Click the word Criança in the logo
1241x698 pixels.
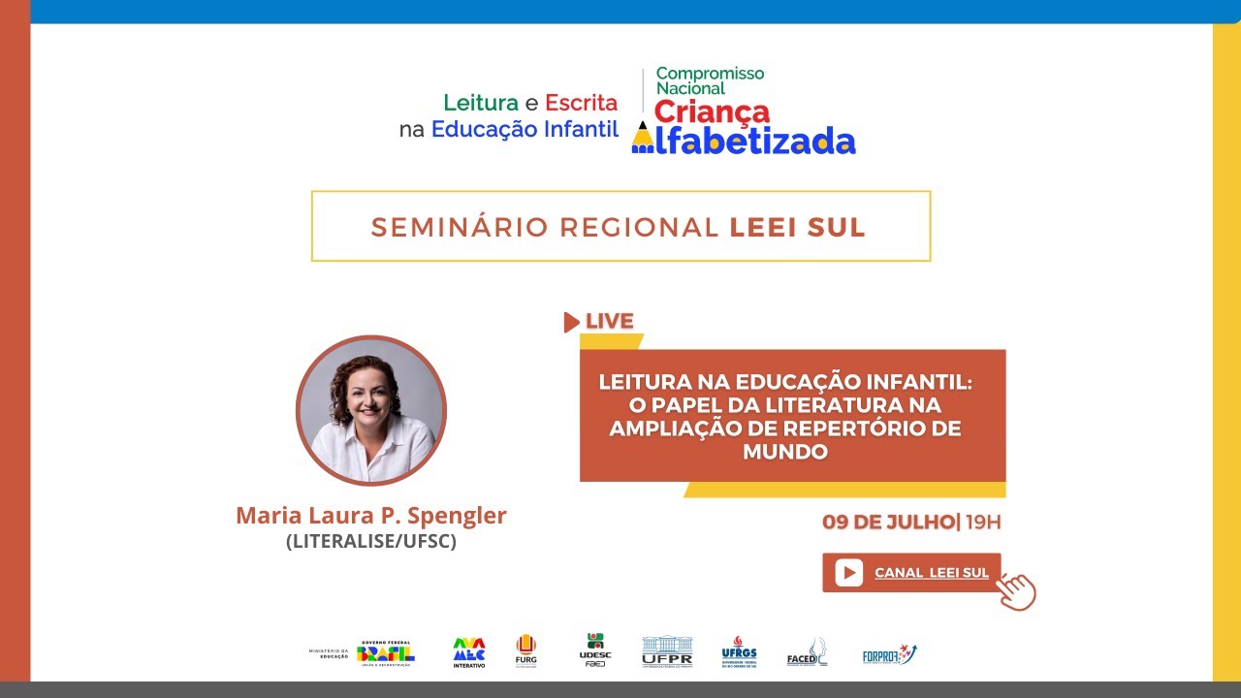(x=712, y=111)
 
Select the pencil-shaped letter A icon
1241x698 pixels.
(x=642, y=140)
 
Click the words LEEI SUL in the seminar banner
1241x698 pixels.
(x=797, y=227)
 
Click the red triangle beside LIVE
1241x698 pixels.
(x=571, y=322)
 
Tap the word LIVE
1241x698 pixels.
(x=610, y=321)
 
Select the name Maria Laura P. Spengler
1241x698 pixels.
(x=370, y=516)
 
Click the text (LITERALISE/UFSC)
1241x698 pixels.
(x=370, y=542)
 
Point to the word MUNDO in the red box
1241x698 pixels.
(x=785, y=452)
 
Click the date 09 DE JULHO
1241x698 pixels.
(x=887, y=523)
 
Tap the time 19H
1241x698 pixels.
(x=983, y=523)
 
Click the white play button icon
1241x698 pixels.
(x=848, y=573)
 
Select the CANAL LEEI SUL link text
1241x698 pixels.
(x=931, y=573)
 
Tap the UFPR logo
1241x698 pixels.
(x=667, y=651)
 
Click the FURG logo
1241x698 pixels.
(x=525, y=650)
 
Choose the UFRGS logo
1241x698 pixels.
(x=739, y=651)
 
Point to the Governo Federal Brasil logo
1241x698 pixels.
(x=385, y=653)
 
